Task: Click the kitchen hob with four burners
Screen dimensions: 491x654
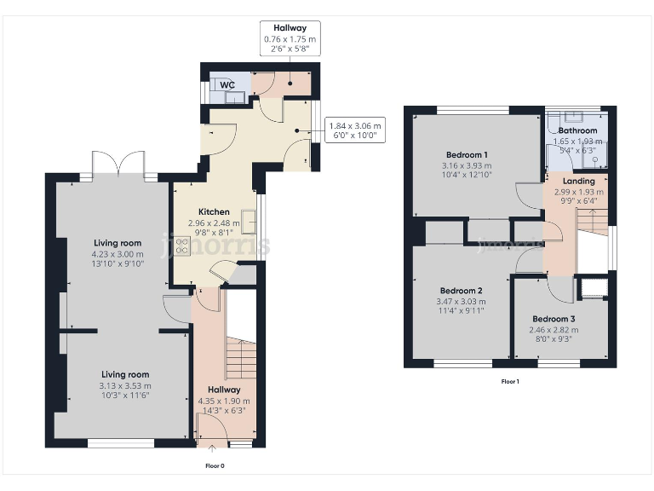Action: pos(181,247)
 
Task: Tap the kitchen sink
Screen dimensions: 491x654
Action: pos(249,220)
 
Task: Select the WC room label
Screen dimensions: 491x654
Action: pos(227,85)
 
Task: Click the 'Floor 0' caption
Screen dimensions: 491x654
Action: pos(215,466)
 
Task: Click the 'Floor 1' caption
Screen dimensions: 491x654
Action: pos(509,381)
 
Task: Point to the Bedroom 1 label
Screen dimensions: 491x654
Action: pos(466,154)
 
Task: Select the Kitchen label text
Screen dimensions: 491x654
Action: pos(213,212)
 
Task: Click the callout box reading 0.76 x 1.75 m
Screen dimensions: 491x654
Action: pos(290,39)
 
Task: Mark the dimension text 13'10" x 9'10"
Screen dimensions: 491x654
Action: pos(117,263)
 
